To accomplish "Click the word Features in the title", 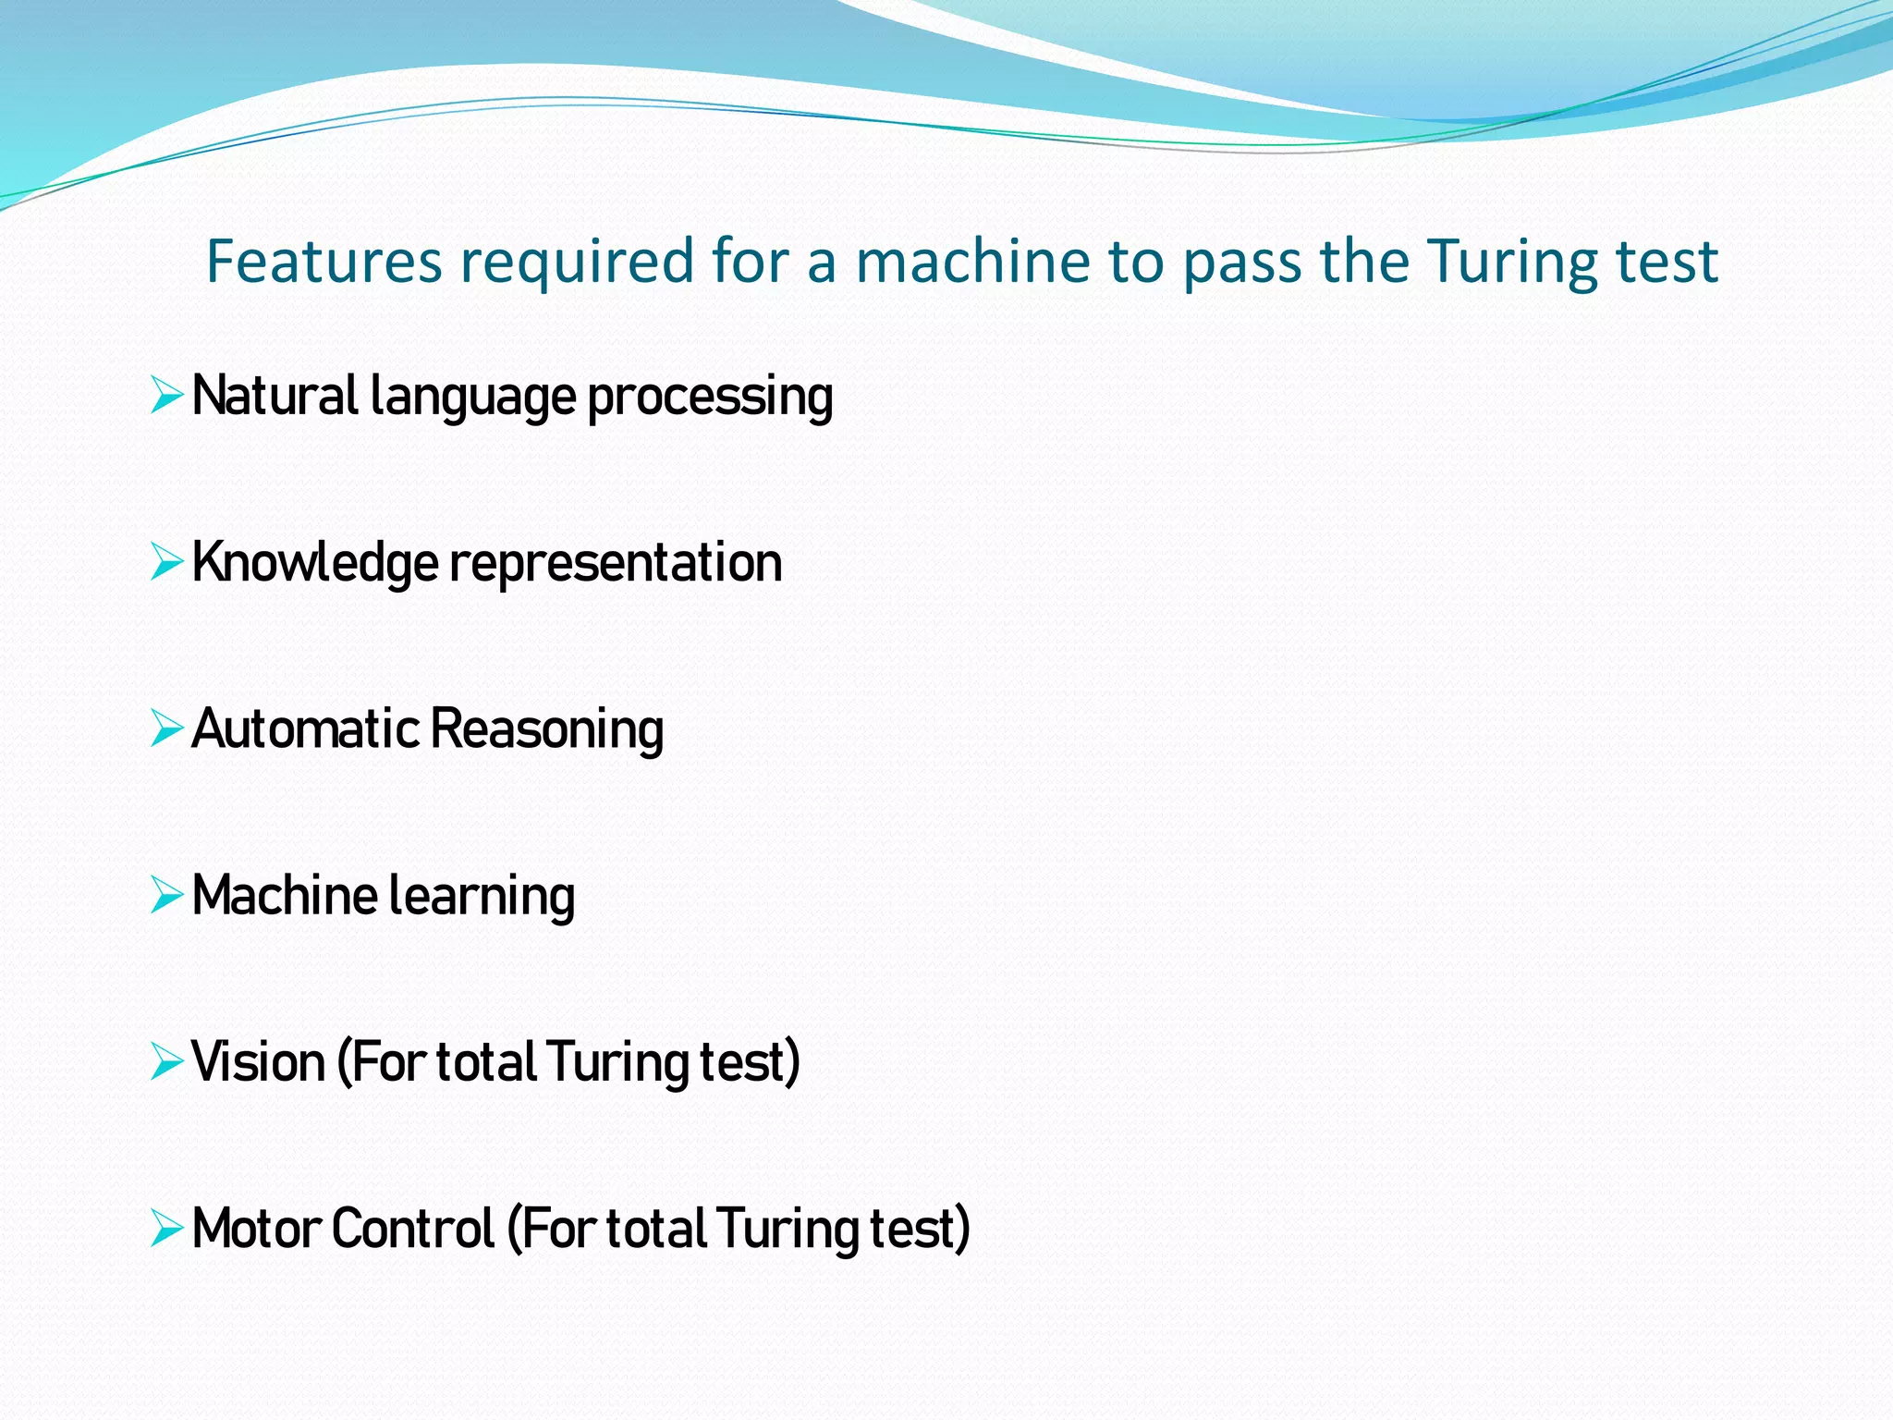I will pyautogui.click(x=324, y=261).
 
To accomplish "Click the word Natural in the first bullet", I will pyautogui.click(x=275, y=396).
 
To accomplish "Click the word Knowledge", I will pyautogui.click(x=314, y=562).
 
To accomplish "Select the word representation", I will pyautogui.click(x=616, y=562).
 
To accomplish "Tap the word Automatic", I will pyautogui.click(x=306, y=728).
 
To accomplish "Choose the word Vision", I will pyautogui.click(x=258, y=1061).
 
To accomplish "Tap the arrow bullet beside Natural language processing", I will pyautogui.click(x=166, y=396).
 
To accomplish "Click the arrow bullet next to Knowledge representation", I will pyautogui.click(x=166, y=562).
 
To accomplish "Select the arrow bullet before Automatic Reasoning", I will pyautogui.click(x=166, y=728).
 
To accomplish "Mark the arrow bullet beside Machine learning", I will pyautogui.click(x=166, y=895).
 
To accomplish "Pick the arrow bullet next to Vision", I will pyautogui.click(x=166, y=1061).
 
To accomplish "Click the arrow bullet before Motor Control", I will pyautogui.click(x=166, y=1228).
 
